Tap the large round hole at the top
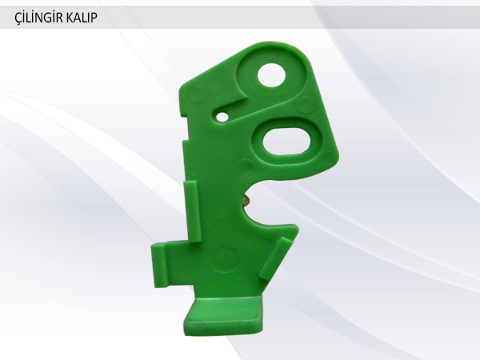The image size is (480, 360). coord(271,75)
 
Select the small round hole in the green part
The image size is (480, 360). coord(222,117)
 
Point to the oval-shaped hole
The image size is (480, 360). coord(287,142)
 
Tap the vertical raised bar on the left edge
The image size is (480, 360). coord(192,211)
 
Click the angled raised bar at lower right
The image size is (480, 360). coord(275,258)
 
